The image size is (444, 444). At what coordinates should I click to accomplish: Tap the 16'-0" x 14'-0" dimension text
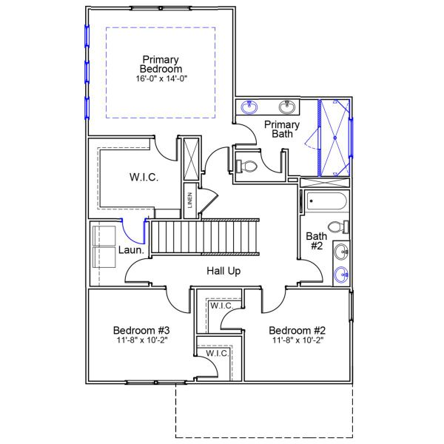pyautogui.click(x=161, y=78)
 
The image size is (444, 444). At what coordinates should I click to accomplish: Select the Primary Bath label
pyautogui.click(x=282, y=129)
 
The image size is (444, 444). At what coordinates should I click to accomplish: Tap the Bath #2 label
pyautogui.click(x=316, y=241)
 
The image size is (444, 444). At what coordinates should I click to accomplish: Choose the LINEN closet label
pyautogui.click(x=190, y=201)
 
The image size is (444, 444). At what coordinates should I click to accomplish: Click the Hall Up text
pyautogui.click(x=223, y=271)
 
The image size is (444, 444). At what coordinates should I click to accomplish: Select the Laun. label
pyautogui.click(x=131, y=250)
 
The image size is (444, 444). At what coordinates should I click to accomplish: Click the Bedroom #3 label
pyautogui.click(x=142, y=330)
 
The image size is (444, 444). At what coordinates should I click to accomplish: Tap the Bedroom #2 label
pyautogui.click(x=297, y=330)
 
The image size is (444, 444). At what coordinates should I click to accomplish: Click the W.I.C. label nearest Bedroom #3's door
pyautogui.click(x=217, y=354)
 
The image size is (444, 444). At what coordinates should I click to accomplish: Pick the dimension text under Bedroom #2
pyautogui.click(x=297, y=341)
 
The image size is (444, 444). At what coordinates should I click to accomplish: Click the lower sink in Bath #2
pyautogui.click(x=342, y=275)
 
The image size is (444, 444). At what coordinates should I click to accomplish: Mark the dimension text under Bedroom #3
pyautogui.click(x=142, y=341)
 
